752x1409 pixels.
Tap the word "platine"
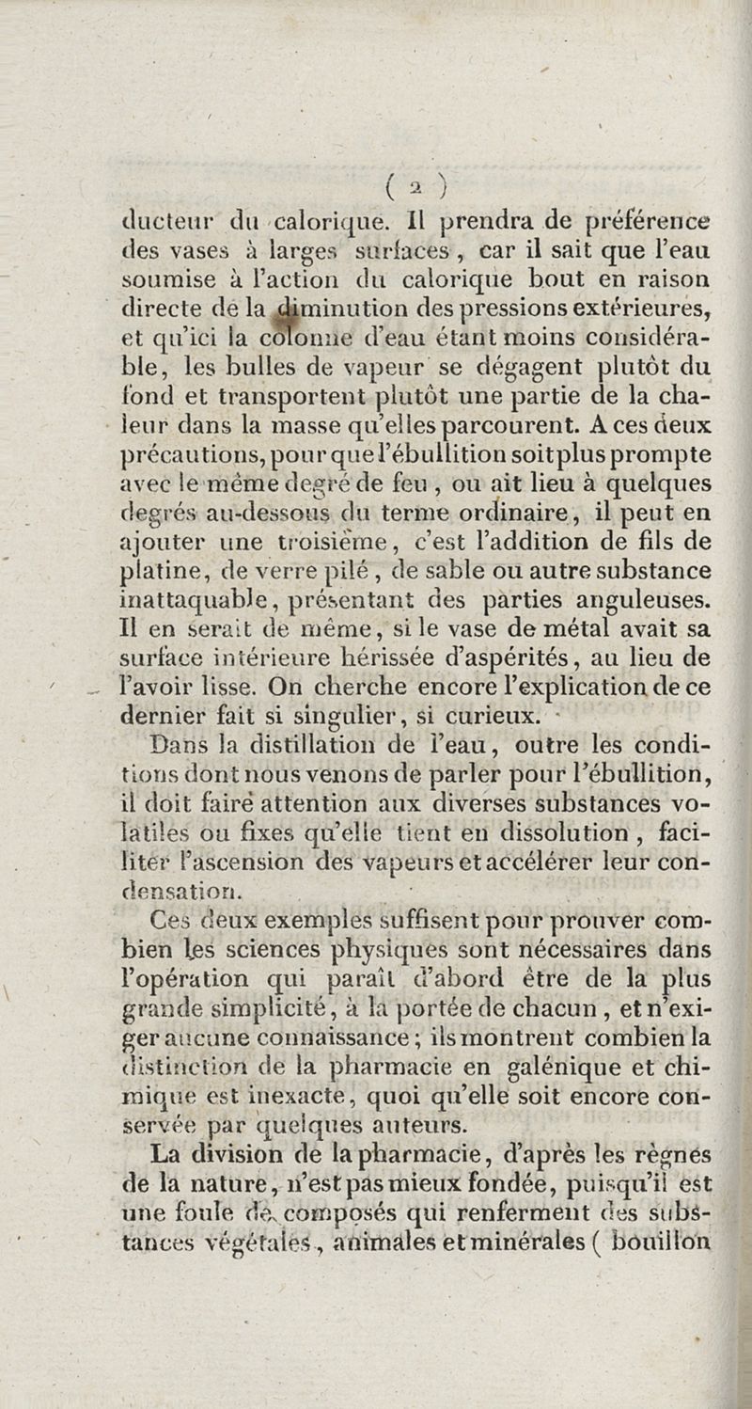pyautogui.click(x=164, y=571)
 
